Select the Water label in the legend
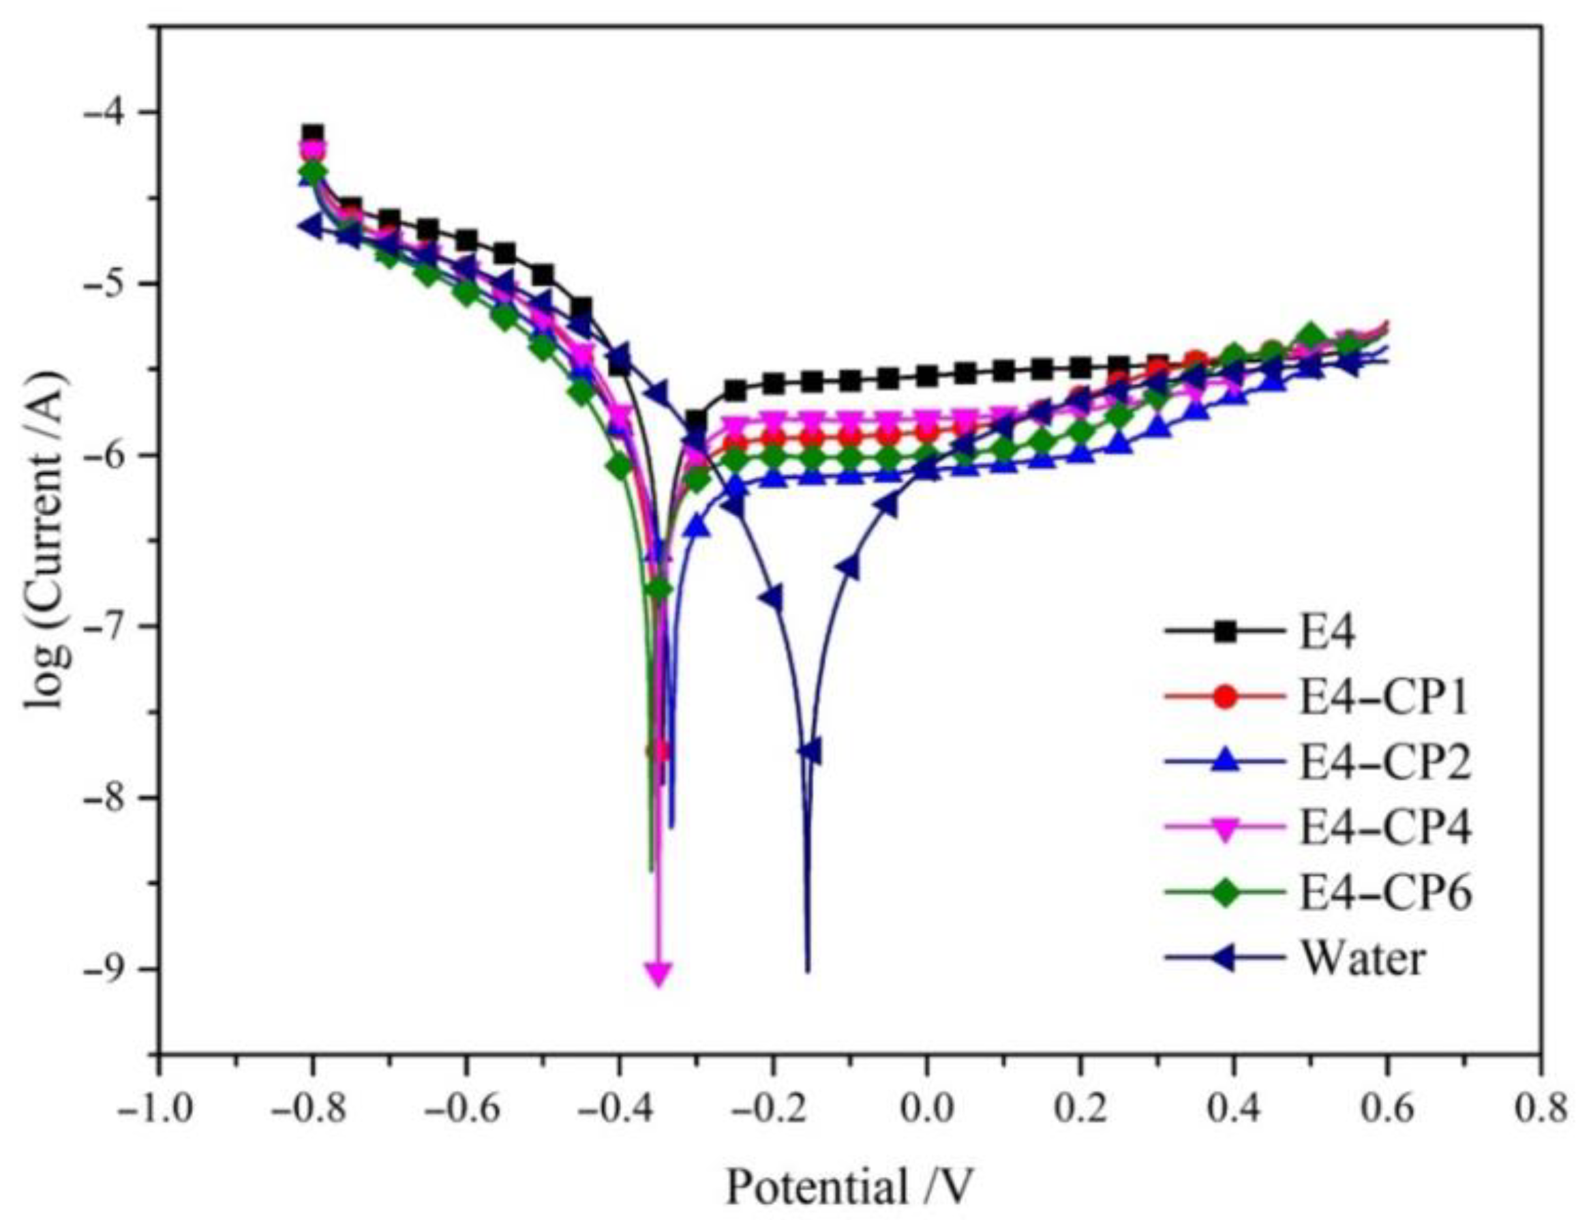click(x=1363, y=959)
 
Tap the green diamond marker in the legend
click(x=1224, y=894)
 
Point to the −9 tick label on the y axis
click(x=116, y=969)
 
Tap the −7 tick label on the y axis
click(x=116, y=626)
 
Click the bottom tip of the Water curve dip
click(x=808, y=970)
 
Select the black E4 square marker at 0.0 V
click(x=927, y=375)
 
